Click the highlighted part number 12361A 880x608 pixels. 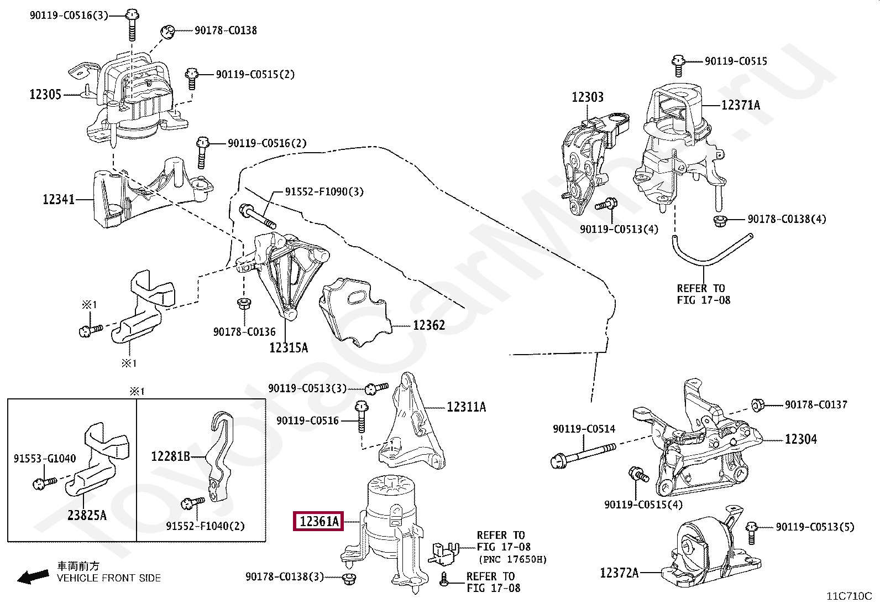tap(318, 522)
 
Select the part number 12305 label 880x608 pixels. tap(45, 95)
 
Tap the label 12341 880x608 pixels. tap(59, 199)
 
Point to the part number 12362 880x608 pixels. tap(429, 325)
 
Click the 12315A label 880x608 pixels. tap(289, 347)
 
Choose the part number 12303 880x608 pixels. tap(588, 97)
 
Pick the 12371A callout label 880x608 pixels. tap(741, 106)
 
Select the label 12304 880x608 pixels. tap(800, 439)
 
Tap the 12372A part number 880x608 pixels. tap(619, 573)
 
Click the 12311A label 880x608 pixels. tap(467, 407)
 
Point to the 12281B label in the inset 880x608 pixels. tap(170, 456)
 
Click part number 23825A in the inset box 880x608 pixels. tap(87, 515)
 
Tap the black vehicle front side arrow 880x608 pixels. tap(33, 577)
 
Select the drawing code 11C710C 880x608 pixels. tap(850, 596)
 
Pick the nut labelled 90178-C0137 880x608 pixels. tap(757, 404)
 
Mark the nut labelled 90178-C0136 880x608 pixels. tap(244, 303)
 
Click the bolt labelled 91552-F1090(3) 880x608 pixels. tap(258, 216)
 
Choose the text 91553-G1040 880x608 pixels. tap(45, 459)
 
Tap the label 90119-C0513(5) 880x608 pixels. tap(815, 527)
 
